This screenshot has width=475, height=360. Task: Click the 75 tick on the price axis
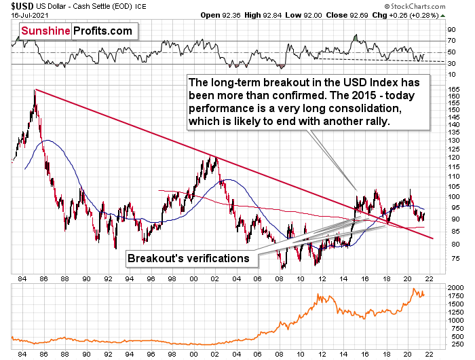coord(451,259)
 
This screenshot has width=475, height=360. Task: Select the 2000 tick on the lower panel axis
coord(454,288)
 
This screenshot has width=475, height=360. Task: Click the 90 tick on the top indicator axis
coord(451,30)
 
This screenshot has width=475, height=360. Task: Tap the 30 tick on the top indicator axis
coord(451,64)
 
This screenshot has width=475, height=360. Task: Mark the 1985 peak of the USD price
coord(35,90)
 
